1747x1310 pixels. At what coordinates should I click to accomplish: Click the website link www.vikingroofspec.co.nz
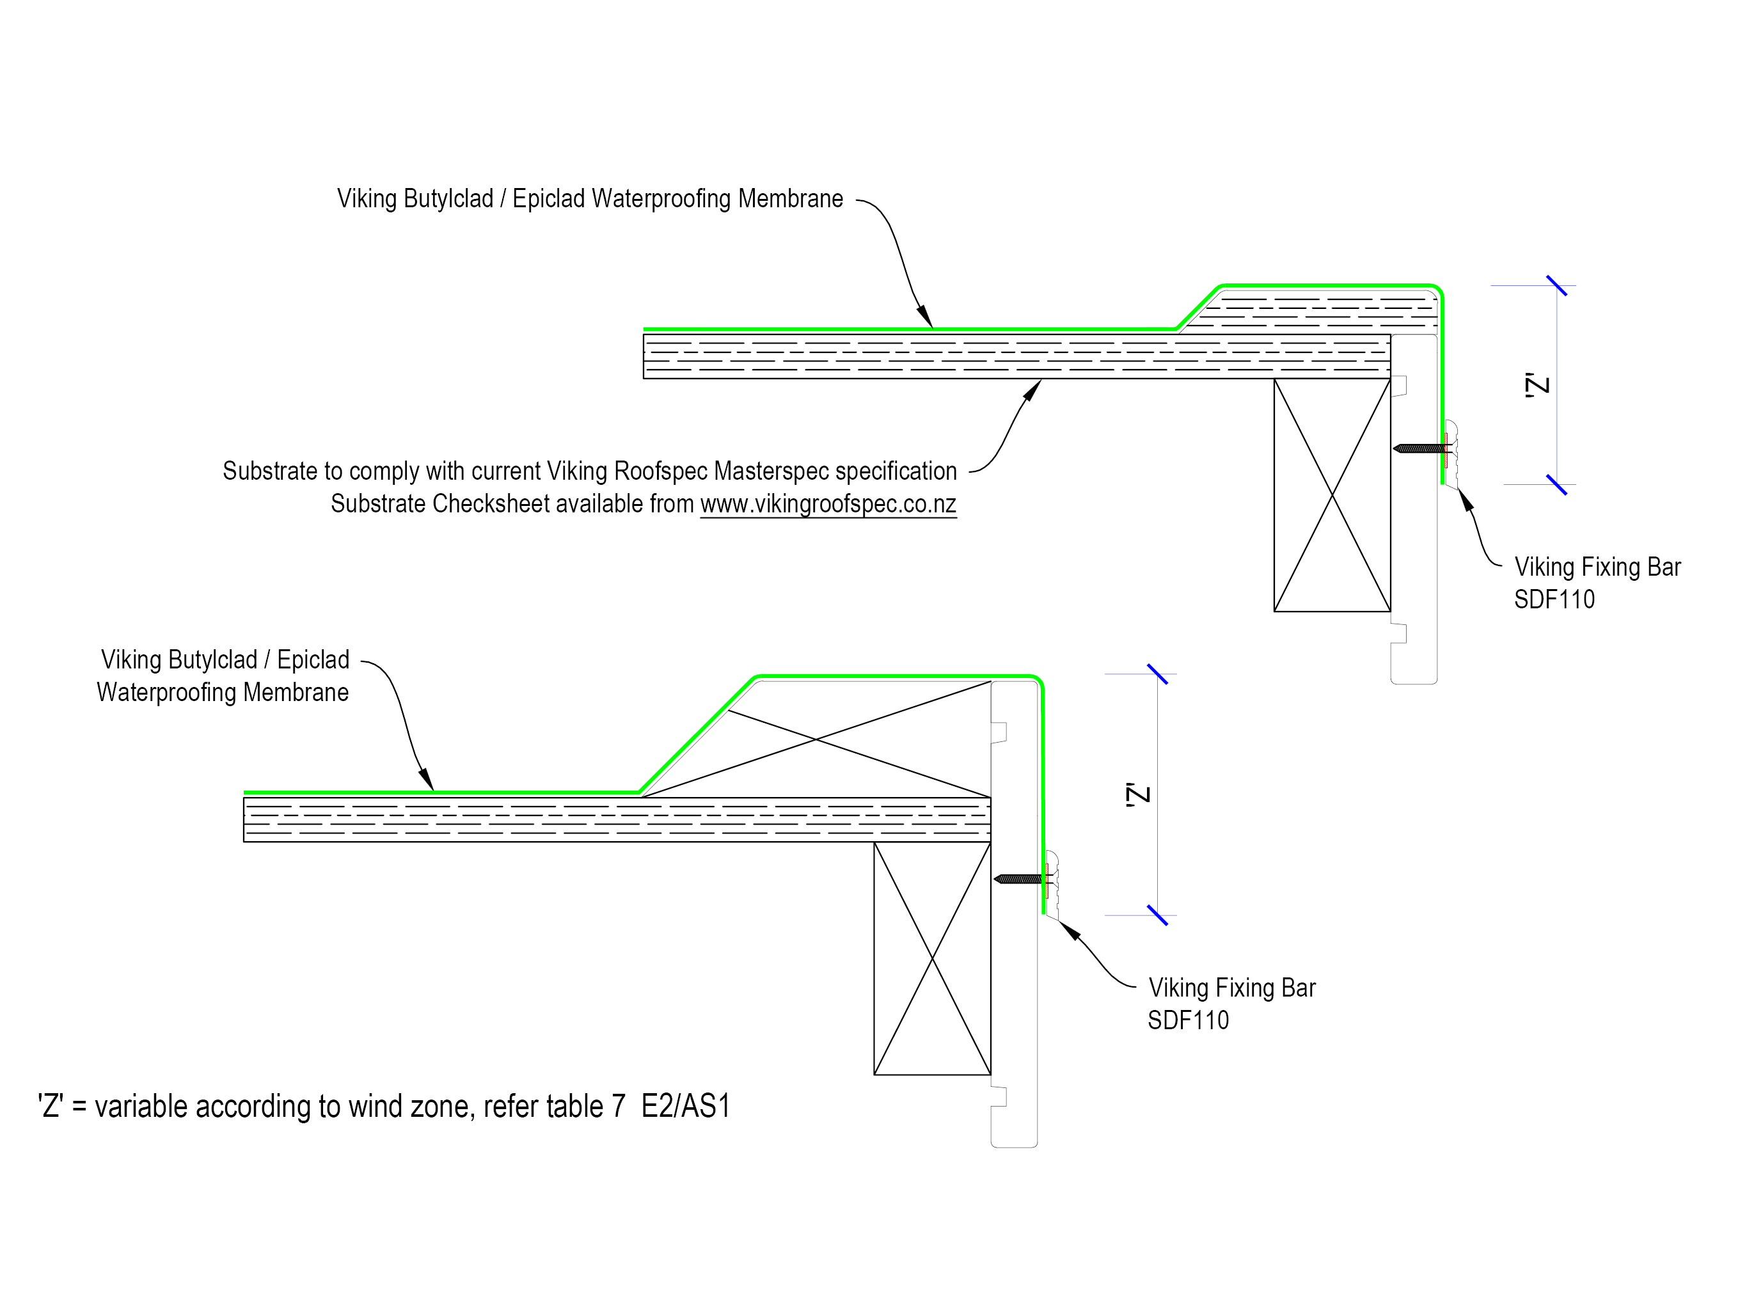click(x=828, y=504)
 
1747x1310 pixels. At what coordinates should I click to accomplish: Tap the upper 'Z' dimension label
click(x=1538, y=385)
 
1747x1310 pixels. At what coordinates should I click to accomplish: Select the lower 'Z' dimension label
click(x=1138, y=794)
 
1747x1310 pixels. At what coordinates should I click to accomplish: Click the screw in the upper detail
click(x=1421, y=448)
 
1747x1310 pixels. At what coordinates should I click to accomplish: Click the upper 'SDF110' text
click(x=1554, y=599)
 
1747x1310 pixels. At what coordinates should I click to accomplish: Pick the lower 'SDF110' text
click(x=1188, y=1020)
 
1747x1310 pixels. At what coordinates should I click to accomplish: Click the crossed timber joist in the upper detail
click(x=1332, y=495)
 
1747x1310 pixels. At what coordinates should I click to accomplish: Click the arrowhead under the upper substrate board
click(x=1032, y=390)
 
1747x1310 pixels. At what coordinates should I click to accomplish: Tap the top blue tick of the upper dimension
click(x=1556, y=286)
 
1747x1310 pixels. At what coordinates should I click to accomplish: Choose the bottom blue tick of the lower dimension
click(x=1157, y=915)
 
